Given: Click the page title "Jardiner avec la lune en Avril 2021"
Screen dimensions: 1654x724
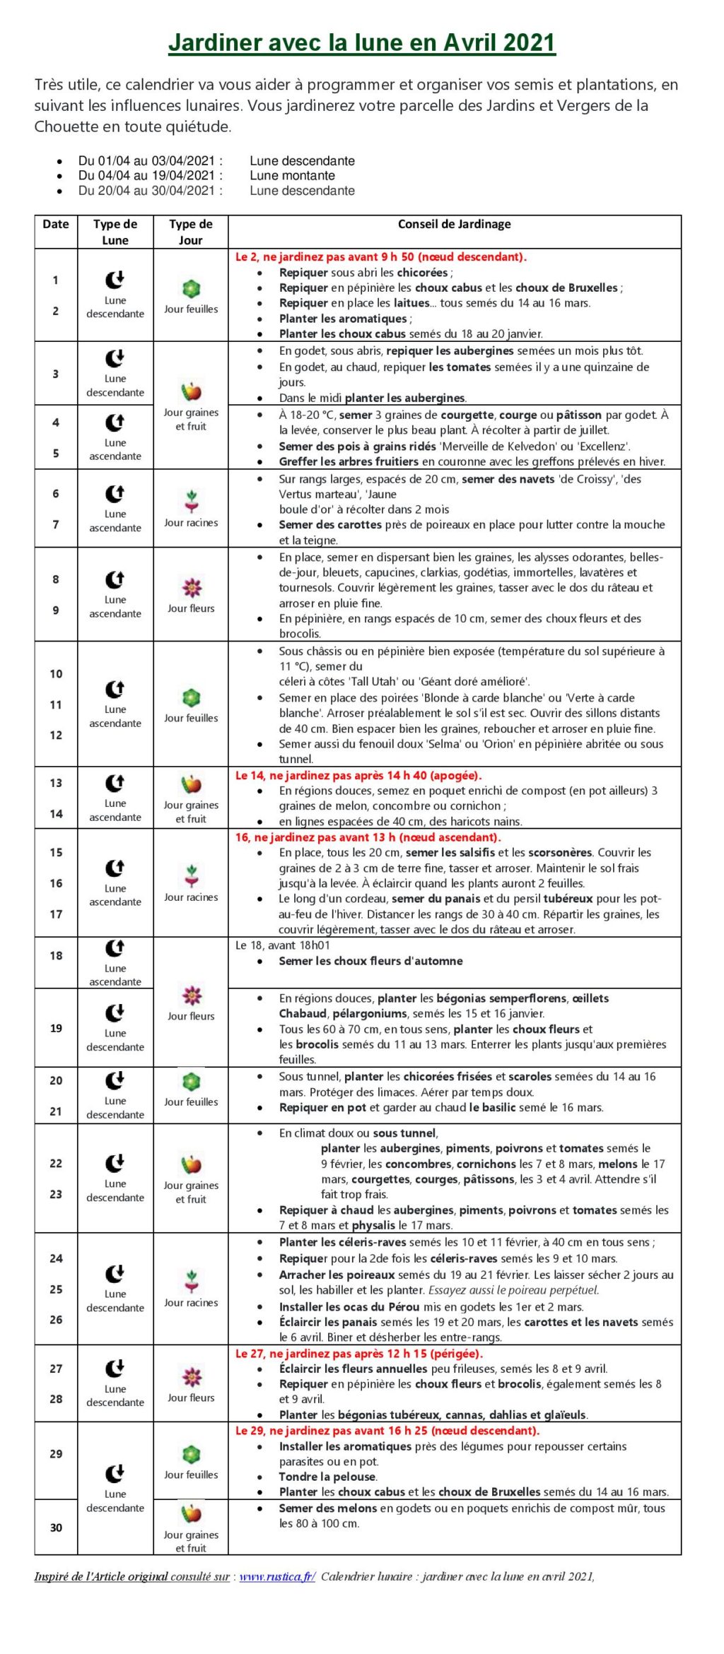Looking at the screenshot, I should click(361, 43).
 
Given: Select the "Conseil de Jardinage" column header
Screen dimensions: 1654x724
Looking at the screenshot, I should click(454, 224).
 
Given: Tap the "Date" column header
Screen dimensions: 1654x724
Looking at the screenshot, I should click(56, 224).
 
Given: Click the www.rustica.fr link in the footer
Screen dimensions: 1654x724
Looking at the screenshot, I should click(277, 1576).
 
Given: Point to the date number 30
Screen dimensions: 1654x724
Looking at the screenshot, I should click(56, 1528).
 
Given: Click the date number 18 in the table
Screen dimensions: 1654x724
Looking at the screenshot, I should click(56, 955).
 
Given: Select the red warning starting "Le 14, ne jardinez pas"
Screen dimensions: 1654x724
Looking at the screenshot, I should click(358, 775).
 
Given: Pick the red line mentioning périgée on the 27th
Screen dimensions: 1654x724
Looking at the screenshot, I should click(358, 1354).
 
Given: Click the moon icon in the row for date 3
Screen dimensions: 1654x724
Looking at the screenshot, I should click(115, 358).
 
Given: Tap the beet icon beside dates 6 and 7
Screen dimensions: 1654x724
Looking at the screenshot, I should click(192, 500).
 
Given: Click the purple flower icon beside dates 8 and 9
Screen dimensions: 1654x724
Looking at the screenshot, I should click(192, 587).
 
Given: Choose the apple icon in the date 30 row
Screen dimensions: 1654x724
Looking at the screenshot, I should click(192, 1513).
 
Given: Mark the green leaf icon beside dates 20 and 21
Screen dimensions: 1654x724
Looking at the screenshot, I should click(192, 1081).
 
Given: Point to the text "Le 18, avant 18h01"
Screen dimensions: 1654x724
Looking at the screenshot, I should click(282, 945).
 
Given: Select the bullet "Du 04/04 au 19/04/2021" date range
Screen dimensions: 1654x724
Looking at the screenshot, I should click(150, 175).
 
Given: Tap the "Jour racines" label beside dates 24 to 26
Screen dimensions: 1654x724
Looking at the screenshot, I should click(191, 1302).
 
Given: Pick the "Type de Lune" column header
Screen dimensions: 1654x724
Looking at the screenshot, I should click(115, 232).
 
